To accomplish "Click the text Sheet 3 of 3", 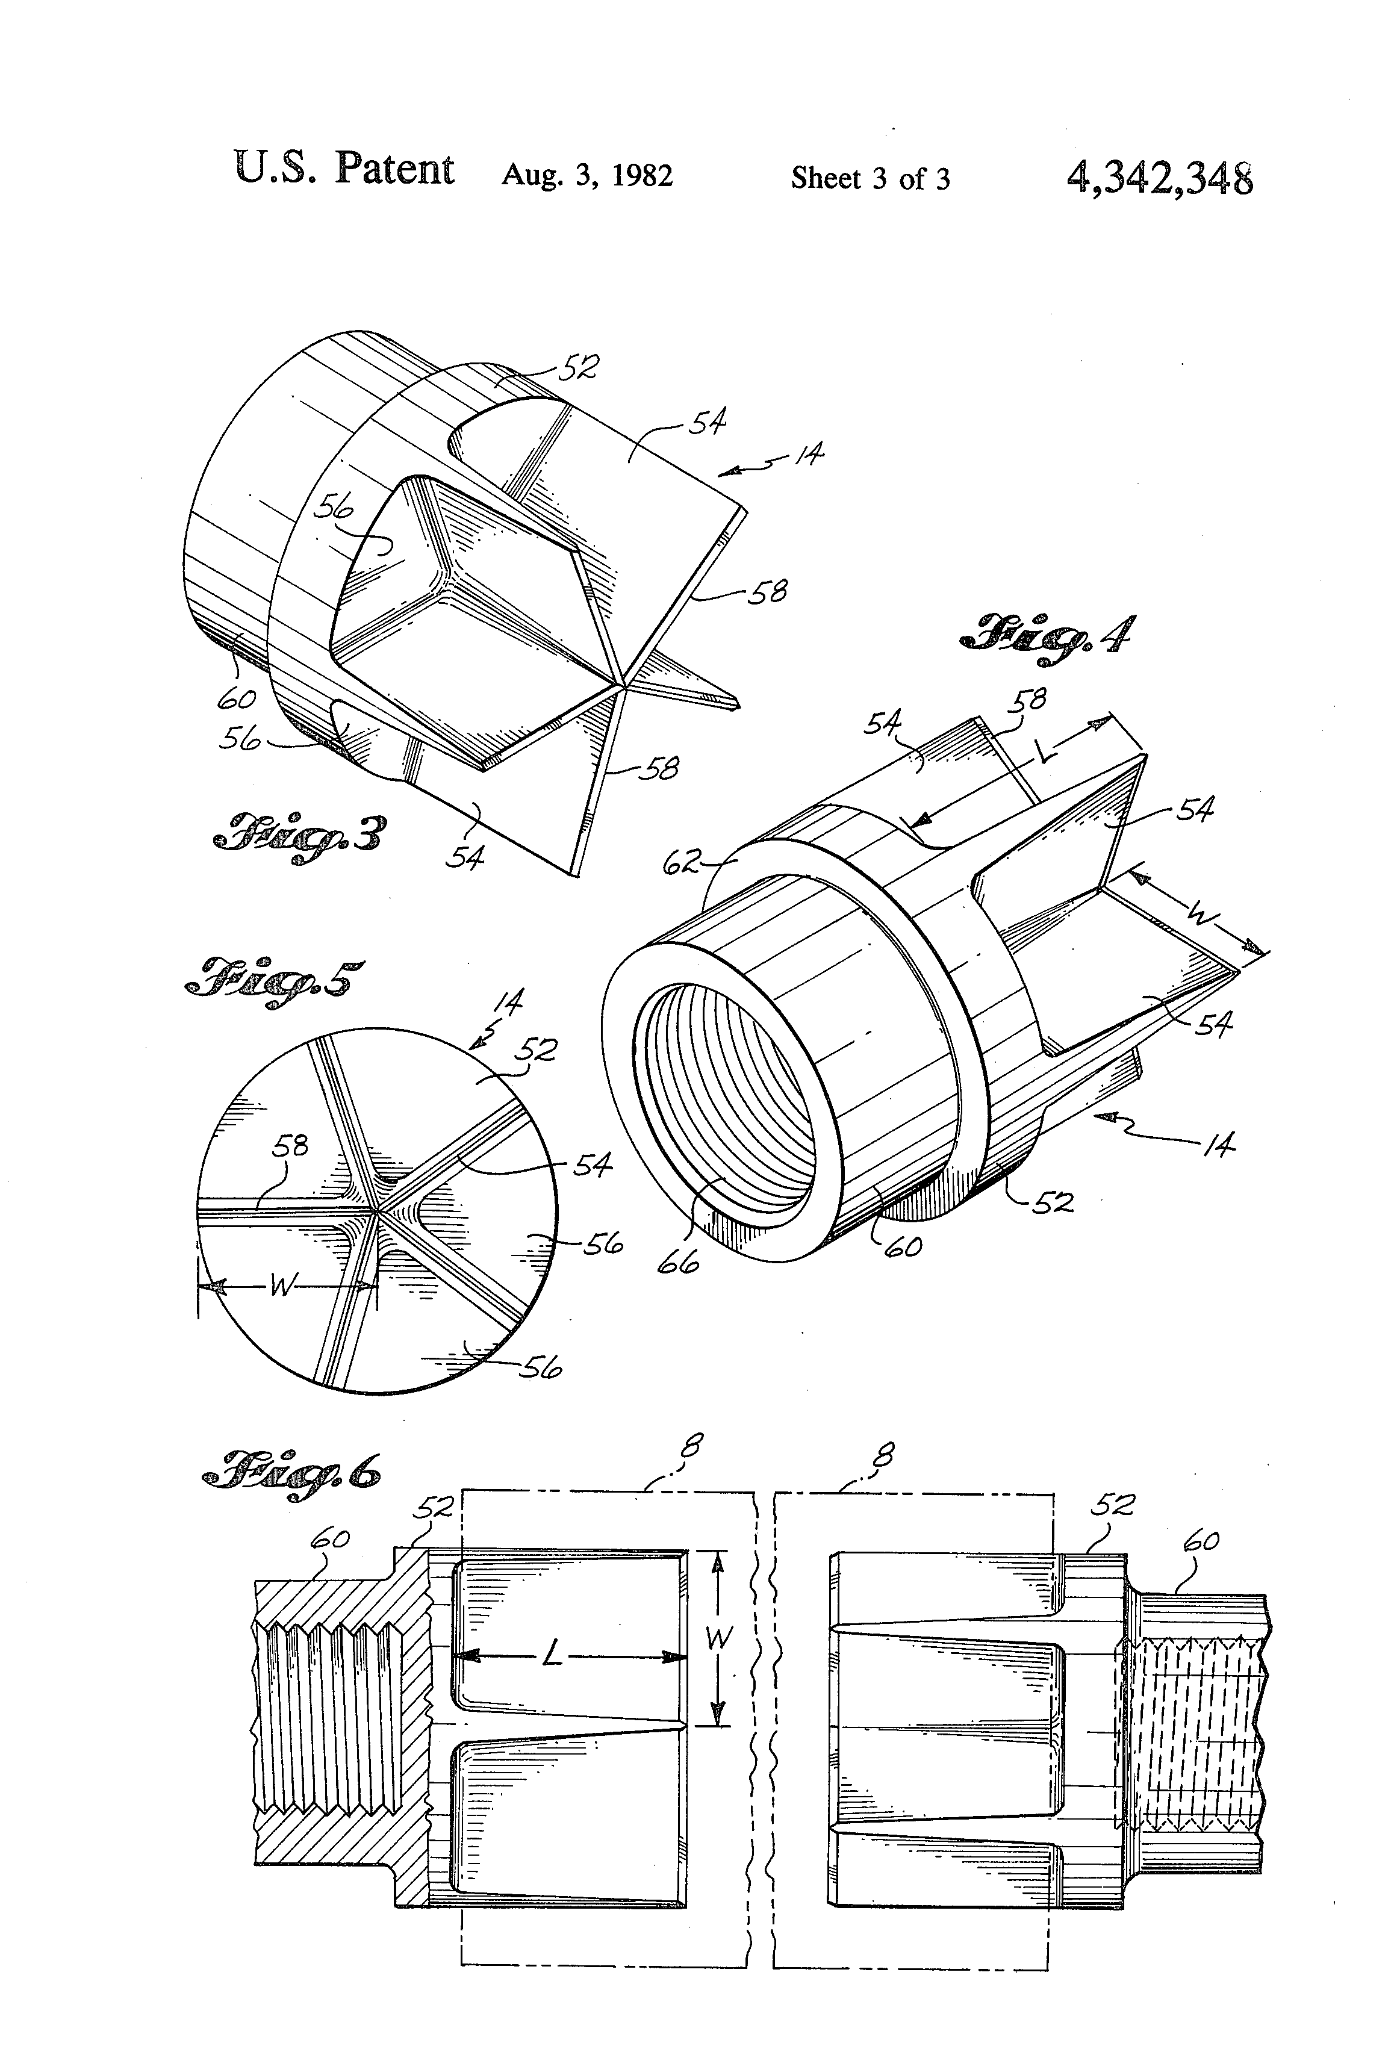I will (x=870, y=178).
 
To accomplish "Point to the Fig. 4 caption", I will (x=1047, y=635).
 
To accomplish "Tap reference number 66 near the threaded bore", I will (x=678, y=1261).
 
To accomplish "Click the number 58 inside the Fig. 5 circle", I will (x=290, y=1146).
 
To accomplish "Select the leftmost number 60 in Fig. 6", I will (x=329, y=1539).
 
